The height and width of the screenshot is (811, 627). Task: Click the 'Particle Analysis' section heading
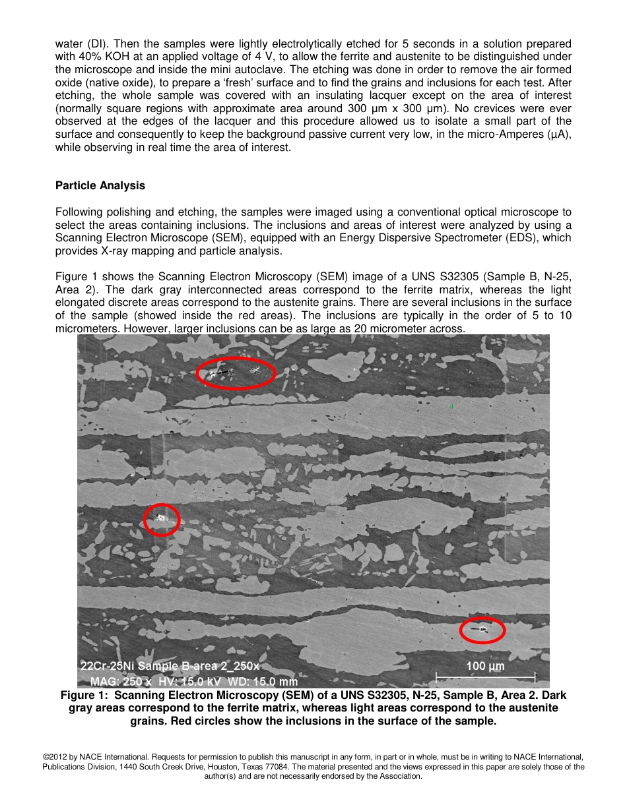(100, 185)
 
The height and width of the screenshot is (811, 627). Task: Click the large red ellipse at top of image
(236, 373)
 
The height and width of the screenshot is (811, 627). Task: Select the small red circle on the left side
(162, 520)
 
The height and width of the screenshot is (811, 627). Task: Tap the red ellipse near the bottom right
(482, 630)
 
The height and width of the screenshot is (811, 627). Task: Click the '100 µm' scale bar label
(485, 666)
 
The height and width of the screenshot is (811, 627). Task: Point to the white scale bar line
(485, 676)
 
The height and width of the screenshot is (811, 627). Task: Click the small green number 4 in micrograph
(451, 406)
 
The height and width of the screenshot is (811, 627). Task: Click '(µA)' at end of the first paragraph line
(559, 135)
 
